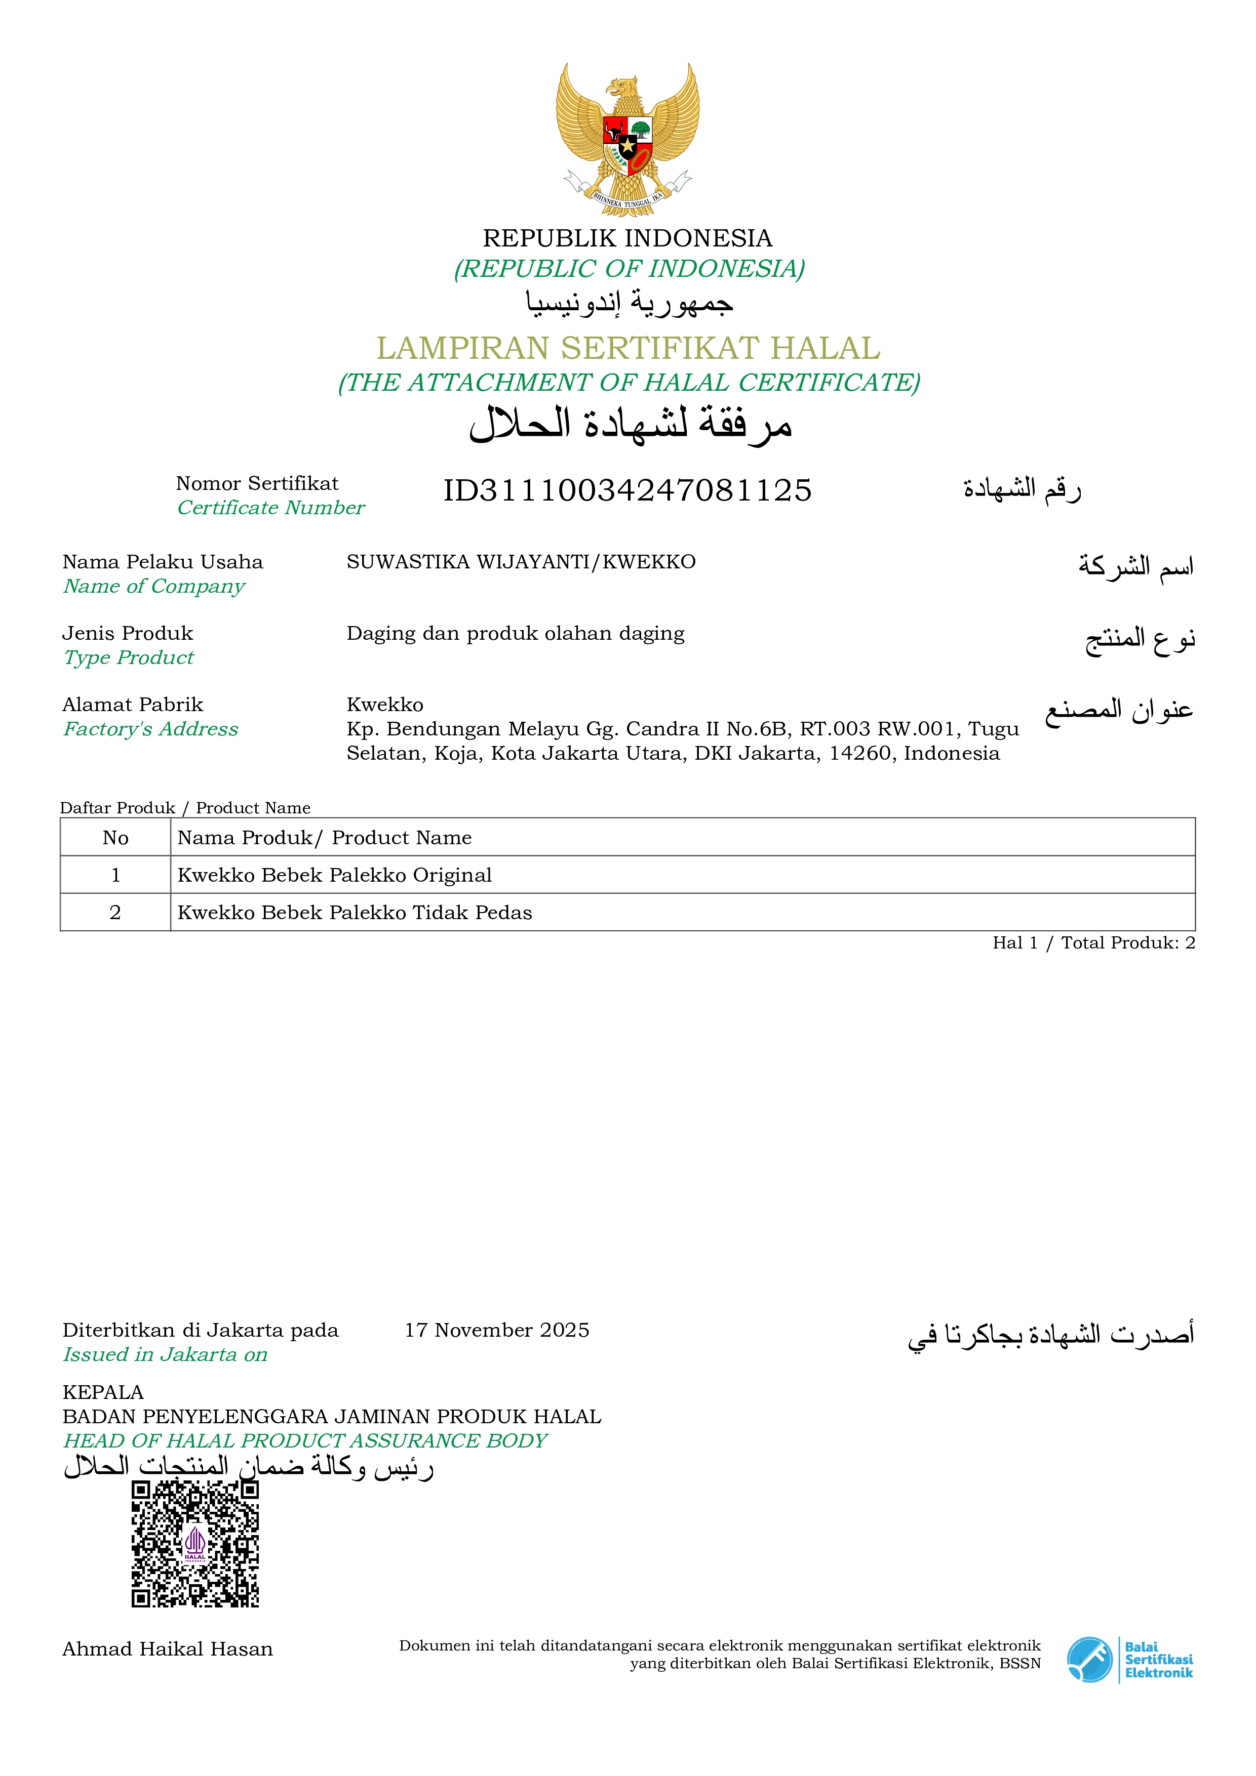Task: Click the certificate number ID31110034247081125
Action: pos(627,490)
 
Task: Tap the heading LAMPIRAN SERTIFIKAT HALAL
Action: pos(627,348)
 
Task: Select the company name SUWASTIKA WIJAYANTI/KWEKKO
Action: pos(521,562)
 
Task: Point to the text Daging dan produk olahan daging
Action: pos(516,634)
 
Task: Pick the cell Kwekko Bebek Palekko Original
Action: pos(334,875)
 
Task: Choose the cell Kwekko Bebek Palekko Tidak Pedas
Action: pos(355,913)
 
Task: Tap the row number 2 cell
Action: pos(115,913)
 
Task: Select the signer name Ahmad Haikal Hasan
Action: pos(167,1649)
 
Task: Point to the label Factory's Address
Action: pos(151,729)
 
